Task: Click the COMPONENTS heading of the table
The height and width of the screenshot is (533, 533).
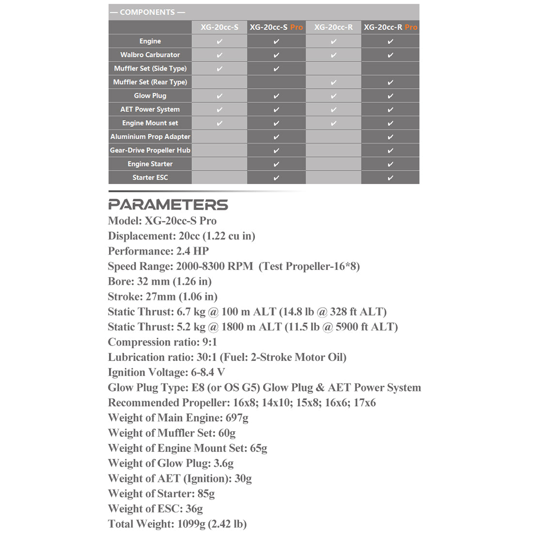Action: tap(147, 12)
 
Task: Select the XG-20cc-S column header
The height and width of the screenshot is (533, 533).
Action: tap(219, 27)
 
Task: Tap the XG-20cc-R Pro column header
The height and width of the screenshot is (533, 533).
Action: tap(390, 27)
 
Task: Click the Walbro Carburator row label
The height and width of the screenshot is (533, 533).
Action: tap(150, 55)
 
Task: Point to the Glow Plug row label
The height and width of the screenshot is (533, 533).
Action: tap(150, 95)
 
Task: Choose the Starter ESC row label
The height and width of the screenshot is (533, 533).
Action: tap(150, 177)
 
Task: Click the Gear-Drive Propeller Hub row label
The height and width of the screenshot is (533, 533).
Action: tap(150, 150)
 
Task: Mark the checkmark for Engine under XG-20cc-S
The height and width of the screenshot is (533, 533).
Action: tap(219, 41)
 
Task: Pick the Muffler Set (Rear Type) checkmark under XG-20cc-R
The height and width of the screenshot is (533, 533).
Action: tap(333, 82)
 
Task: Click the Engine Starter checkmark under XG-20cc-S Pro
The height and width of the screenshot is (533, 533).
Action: tap(276, 164)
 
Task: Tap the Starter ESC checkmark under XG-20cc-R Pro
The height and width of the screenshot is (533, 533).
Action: tap(390, 178)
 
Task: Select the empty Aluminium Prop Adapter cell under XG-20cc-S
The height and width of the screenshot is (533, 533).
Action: tap(219, 137)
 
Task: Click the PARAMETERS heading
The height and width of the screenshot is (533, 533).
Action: tap(168, 204)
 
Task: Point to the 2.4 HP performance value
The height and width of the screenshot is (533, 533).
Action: tap(192, 251)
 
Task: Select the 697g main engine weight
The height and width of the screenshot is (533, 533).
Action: tap(237, 418)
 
